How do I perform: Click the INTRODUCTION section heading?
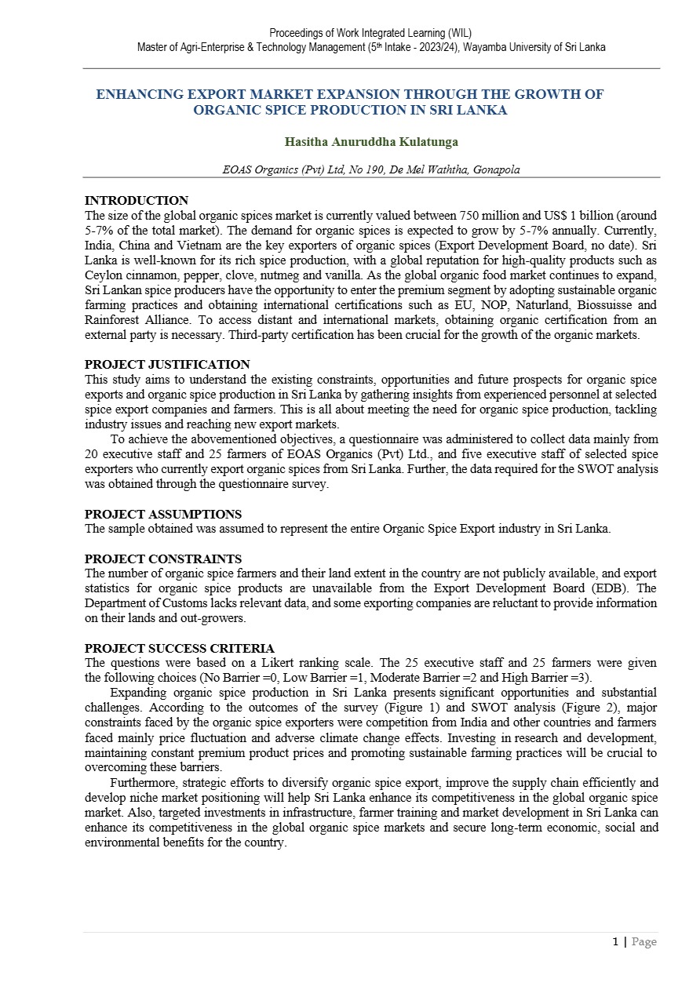[x=137, y=201]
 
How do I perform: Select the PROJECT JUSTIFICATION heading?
[x=167, y=365]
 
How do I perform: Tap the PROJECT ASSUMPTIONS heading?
[x=163, y=515]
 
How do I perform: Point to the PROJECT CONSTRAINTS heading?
[x=163, y=559]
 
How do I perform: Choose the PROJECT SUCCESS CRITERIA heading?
[x=180, y=649]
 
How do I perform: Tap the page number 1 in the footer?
[x=615, y=942]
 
